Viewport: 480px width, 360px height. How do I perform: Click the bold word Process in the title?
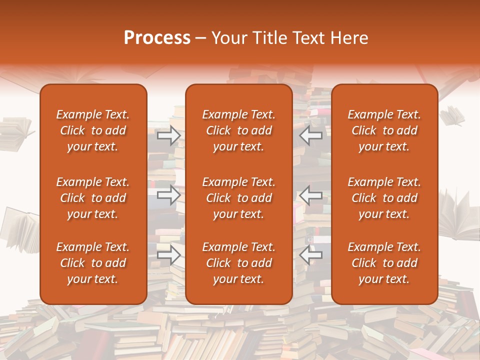[x=157, y=38]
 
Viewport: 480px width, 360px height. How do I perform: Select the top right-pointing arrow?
[x=168, y=135]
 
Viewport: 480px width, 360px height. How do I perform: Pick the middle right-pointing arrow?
[x=168, y=195]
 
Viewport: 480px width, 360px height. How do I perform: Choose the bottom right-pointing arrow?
[x=168, y=255]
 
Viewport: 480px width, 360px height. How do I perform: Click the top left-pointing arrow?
[x=311, y=135]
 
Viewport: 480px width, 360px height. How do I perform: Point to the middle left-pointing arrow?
[x=311, y=195]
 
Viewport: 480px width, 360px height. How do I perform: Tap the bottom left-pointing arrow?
[x=311, y=255]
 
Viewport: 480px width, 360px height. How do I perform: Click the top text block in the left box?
[x=93, y=130]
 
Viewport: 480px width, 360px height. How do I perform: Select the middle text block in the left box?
[x=93, y=198]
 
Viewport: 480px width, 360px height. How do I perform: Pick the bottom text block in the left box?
[x=93, y=263]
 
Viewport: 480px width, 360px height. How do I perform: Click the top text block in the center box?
[x=238, y=130]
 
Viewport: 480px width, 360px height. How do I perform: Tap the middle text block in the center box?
[x=238, y=198]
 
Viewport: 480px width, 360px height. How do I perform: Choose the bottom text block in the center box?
[x=238, y=263]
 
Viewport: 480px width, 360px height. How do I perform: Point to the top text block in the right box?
[x=384, y=130]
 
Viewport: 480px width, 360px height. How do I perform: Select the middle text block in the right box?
[x=384, y=198]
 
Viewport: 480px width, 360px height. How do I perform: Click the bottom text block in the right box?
[x=384, y=263]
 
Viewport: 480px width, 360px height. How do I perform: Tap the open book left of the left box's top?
[x=17, y=132]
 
